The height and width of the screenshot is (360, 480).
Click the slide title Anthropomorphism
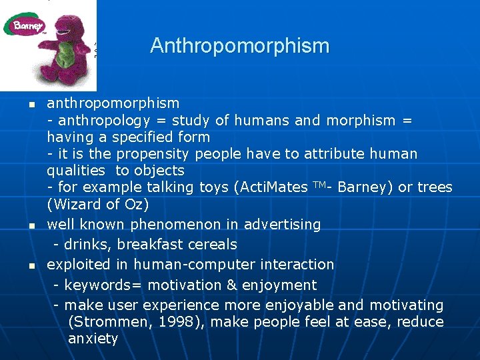[x=239, y=46]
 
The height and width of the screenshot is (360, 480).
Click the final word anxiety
[x=93, y=339]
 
